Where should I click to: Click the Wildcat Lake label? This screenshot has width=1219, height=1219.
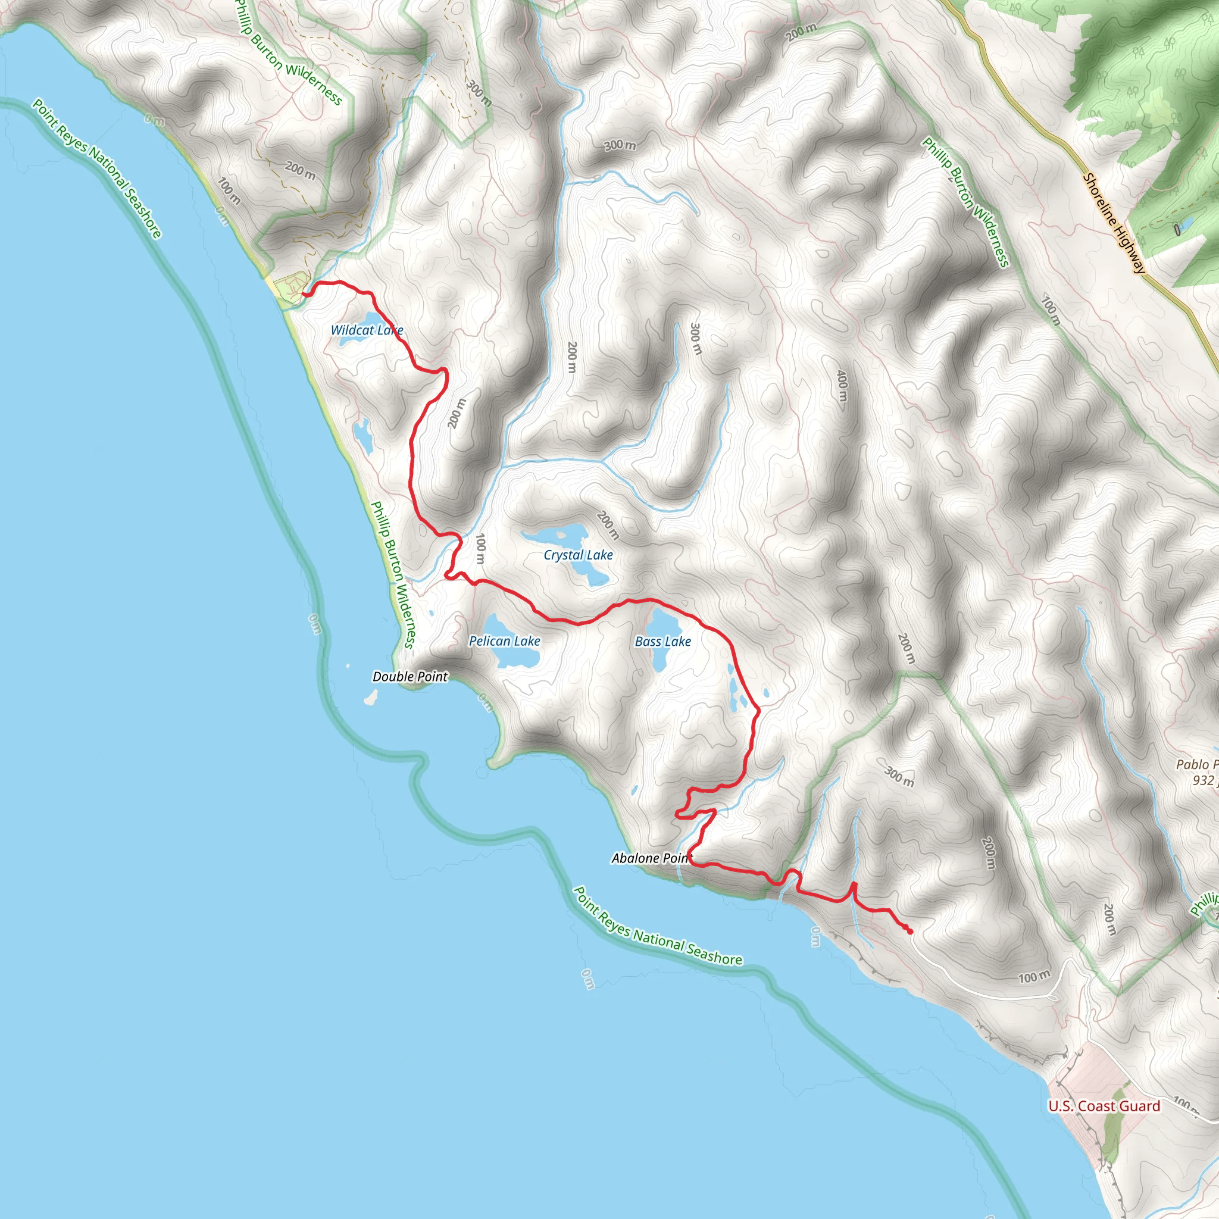pyautogui.click(x=367, y=330)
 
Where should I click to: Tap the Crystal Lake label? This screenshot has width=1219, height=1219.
pyautogui.click(x=578, y=555)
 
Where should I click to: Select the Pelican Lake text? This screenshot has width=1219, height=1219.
pyautogui.click(x=504, y=641)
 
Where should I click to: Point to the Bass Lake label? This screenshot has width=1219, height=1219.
pyautogui.click(x=662, y=642)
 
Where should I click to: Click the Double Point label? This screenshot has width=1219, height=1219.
pyautogui.click(x=410, y=677)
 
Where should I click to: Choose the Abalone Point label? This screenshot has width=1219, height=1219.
pyautogui.click(x=651, y=858)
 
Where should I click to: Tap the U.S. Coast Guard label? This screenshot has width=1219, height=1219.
pyautogui.click(x=1104, y=1106)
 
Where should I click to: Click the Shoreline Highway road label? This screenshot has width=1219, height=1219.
pyautogui.click(x=1114, y=223)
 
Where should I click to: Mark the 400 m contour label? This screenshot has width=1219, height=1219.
pyautogui.click(x=842, y=386)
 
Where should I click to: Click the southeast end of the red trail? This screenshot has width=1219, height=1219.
pyautogui.click(x=910, y=932)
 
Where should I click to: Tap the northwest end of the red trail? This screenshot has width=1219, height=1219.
pyautogui.click(x=304, y=294)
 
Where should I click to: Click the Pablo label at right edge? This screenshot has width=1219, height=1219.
pyautogui.click(x=1193, y=765)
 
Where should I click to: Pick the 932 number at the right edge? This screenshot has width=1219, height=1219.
pyautogui.click(x=1202, y=781)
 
